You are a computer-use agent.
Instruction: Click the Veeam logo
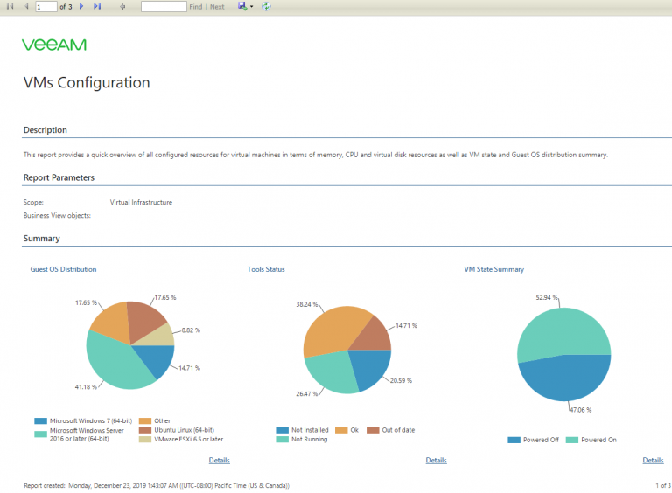pyautogui.click(x=54, y=45)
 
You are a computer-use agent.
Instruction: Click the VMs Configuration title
pyautogui.click(x=87, y=82)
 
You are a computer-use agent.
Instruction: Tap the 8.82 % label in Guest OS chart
pyautogui.click(x=191, y=330)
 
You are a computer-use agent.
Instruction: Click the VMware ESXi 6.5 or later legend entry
pyautogui.click(x=181, y=439)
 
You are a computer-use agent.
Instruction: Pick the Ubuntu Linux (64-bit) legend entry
pyautogui.click(x=177, y=430)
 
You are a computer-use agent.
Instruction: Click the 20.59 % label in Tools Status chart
pyautogui.click(x=401, y=380)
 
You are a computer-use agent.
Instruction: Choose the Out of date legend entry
pyautogui.click(x=391, y=430)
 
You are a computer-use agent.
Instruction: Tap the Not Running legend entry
pyautogui.click(x=302, y=439)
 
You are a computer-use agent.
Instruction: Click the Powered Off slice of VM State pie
pyautogui.click(x=565, y=378)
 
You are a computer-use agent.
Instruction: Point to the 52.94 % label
pyautogui.click(x=547, y=297)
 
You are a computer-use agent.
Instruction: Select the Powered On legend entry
pyautogui.click(x=591, y=440)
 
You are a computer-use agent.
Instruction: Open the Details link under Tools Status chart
pyautogui.click(x=437, y=460)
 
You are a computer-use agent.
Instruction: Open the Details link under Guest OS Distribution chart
pyautogui.click(x=220, y=460)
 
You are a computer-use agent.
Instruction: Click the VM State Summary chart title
pyautogui.click(x=494, y=269)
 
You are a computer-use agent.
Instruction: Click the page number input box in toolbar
pyautogui.click(x=46, y=7)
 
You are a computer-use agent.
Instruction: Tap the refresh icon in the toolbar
pyautogui.click(x=266, y=6)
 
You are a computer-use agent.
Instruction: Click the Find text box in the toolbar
pyautogui.click(x=164, y=7)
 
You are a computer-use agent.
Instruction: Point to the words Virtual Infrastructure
pyautogui.click(x=141, y=202)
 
